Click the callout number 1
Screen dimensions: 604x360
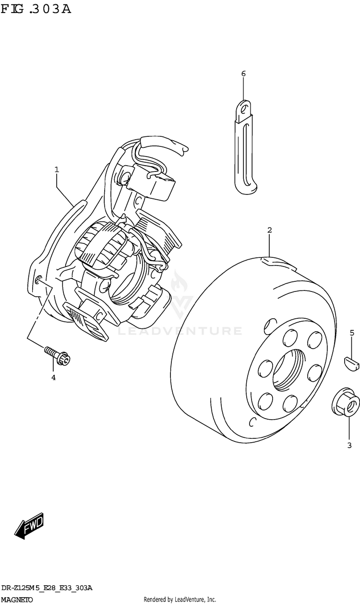click(57, 169)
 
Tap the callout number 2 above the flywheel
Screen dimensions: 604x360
click(270, 230)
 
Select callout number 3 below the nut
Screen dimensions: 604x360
click(349, 446)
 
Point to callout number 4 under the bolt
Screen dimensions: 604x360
click(53, 377)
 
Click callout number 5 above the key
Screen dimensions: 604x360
click(352, 333)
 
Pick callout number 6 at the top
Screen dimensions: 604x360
click(243, 73)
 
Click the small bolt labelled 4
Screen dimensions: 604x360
click(58, 355)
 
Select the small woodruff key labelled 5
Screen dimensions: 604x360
click(351, 362)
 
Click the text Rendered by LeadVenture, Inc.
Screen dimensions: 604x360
click(180, 599)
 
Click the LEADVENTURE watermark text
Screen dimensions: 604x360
click(180, 331)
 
